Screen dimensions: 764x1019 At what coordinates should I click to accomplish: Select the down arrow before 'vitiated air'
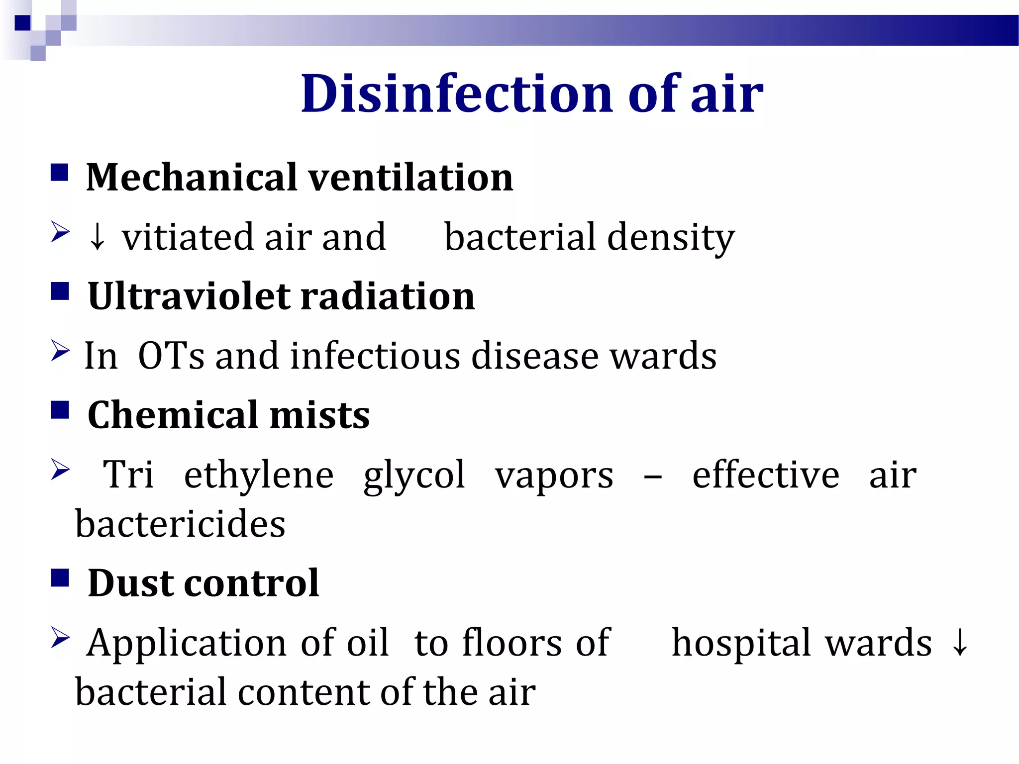98,238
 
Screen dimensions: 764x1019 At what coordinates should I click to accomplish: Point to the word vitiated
188,237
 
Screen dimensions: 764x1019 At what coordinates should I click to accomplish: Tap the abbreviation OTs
171,356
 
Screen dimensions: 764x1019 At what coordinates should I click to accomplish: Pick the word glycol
414,476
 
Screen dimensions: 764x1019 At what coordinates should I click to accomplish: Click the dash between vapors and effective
652,477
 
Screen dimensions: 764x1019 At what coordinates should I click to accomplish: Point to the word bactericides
180,524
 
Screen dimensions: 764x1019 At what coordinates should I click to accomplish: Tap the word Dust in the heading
130,583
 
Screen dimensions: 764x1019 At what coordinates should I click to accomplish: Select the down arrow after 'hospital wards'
960,643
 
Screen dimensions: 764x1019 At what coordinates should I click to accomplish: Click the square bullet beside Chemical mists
60,411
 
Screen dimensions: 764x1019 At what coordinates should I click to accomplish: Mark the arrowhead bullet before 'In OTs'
60,351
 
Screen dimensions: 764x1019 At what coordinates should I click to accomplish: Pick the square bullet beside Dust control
60,578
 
